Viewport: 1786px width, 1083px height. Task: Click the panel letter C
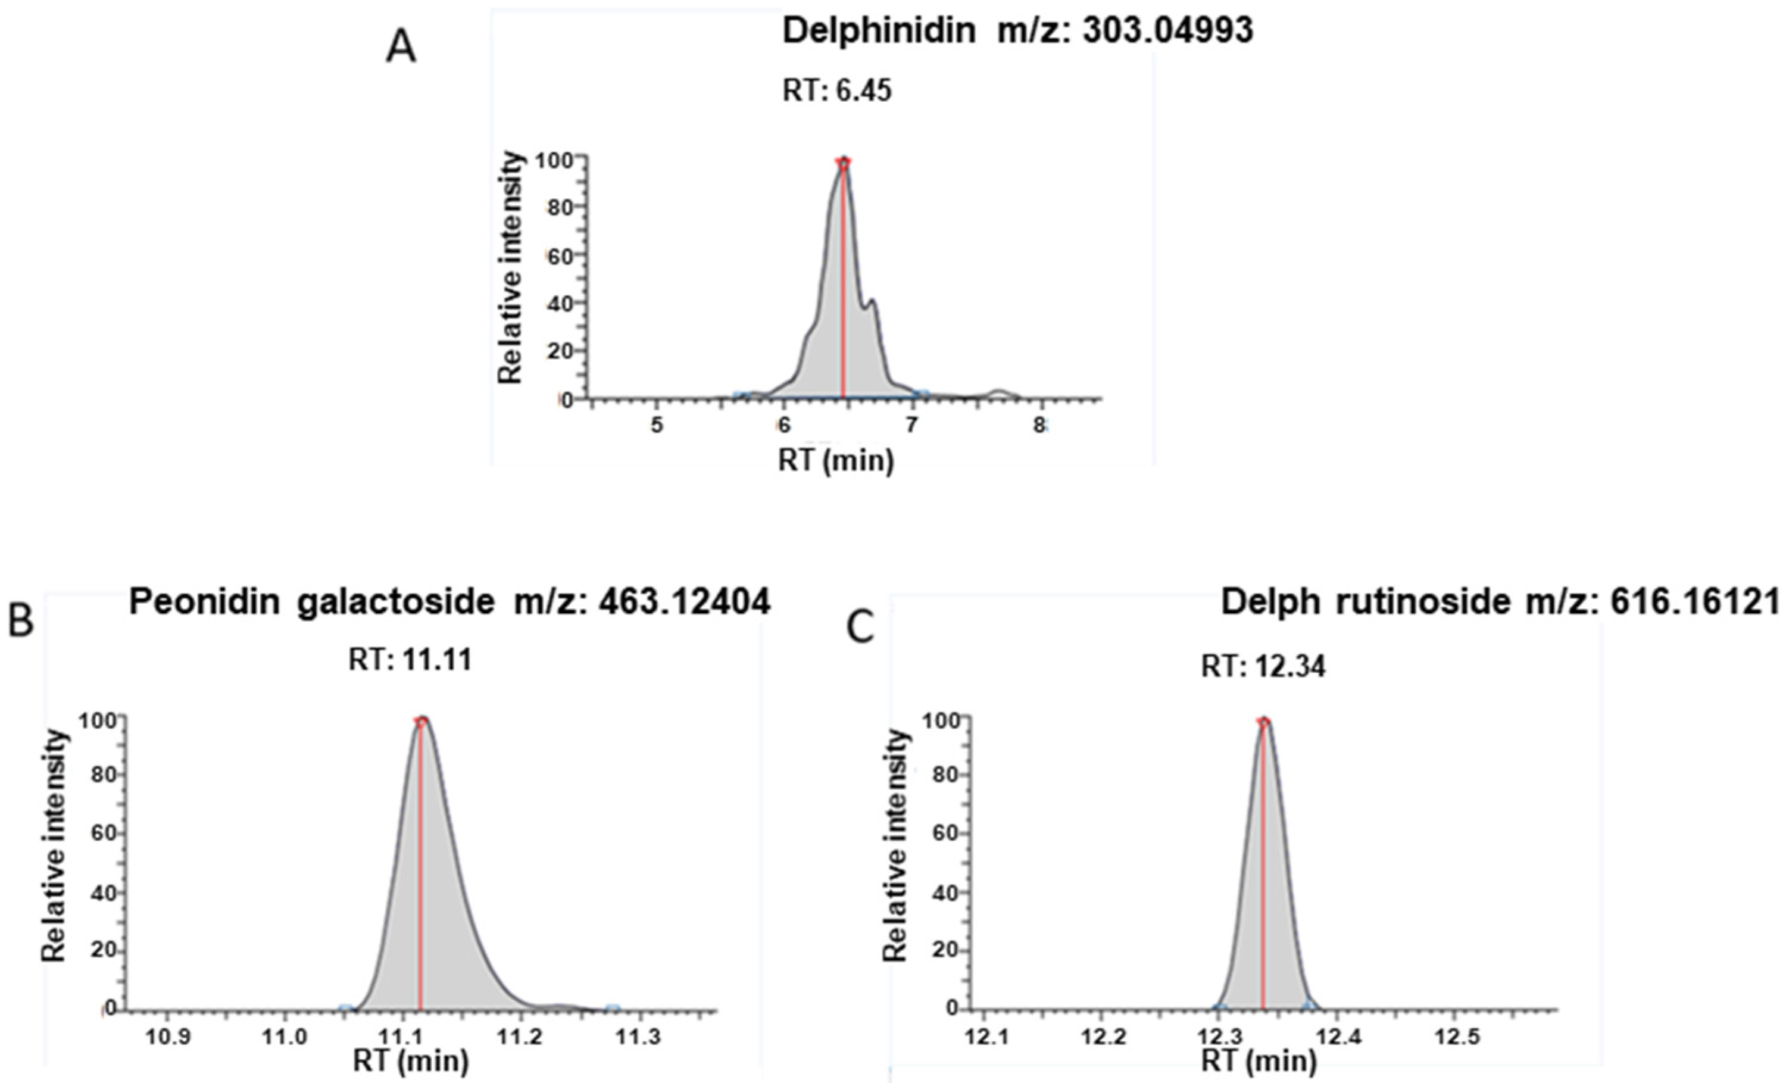point(860,628)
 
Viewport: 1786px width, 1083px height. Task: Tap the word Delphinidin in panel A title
point(879,31)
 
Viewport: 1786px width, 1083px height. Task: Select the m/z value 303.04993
point(1167,31)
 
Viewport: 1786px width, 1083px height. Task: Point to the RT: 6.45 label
point(836,91)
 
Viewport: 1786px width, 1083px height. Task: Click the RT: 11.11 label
point(410,660)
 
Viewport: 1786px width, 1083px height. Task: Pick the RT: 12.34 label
point(1263,666)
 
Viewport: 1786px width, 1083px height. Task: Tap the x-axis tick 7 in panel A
point(912,426)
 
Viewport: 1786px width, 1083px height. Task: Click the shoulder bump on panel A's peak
point(873,303)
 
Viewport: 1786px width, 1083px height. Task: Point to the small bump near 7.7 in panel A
point(999,393)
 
